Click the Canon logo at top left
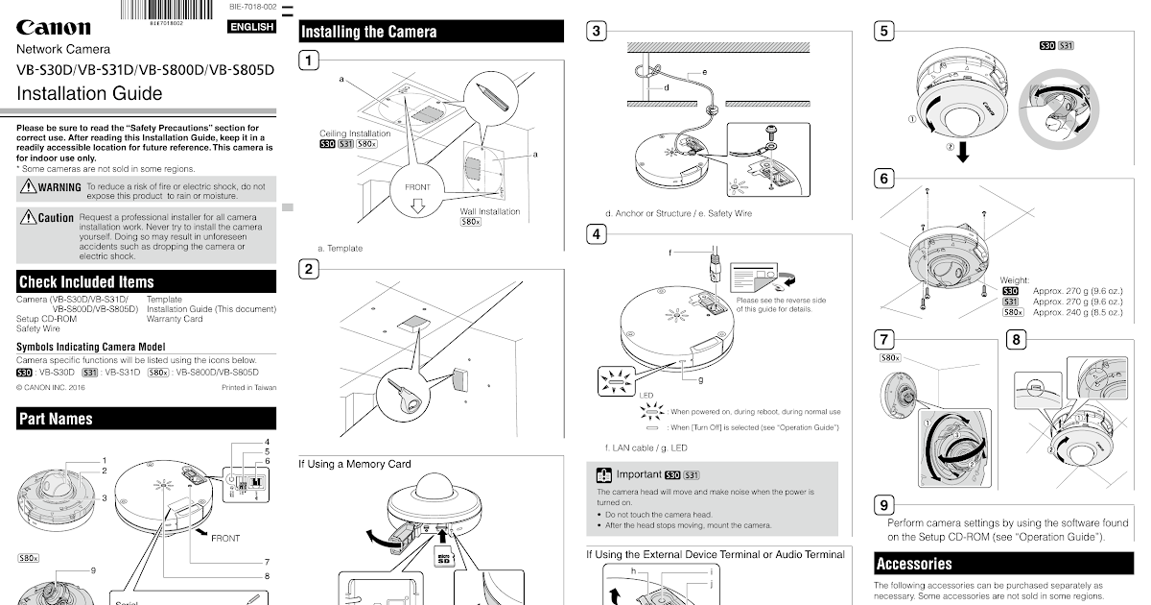pyautogui.click(x=54, y=28)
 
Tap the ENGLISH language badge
pyautogui.click(x=251, y=27)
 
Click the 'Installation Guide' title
pyautogui.click(x=89, y=94)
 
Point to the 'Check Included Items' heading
pyautogui.click(x=86, y=282)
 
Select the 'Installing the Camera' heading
pyautogui.click(x=369, y=32)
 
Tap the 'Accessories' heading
pyautogui.click(x=913, y=564)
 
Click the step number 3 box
pyautogui.click(x=597, y=31)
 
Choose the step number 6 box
pyautogui.click(x=884, y=179)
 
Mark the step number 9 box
pyautogui.click(x=884, y=505)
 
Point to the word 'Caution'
pyautogui.click(x=56, y=218)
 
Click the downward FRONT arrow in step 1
pyautogui.click(x=416, y=205)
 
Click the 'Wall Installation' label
pyautogui.click(x=490, y=211)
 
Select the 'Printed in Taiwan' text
pyautogui.click(x=248, y=387)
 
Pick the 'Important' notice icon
pyautogui.click(x=603, y=474)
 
